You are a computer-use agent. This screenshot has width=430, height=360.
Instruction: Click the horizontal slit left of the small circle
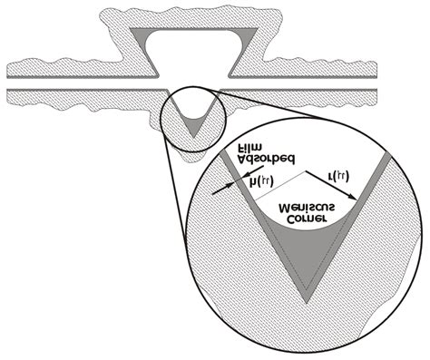[82, 92]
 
